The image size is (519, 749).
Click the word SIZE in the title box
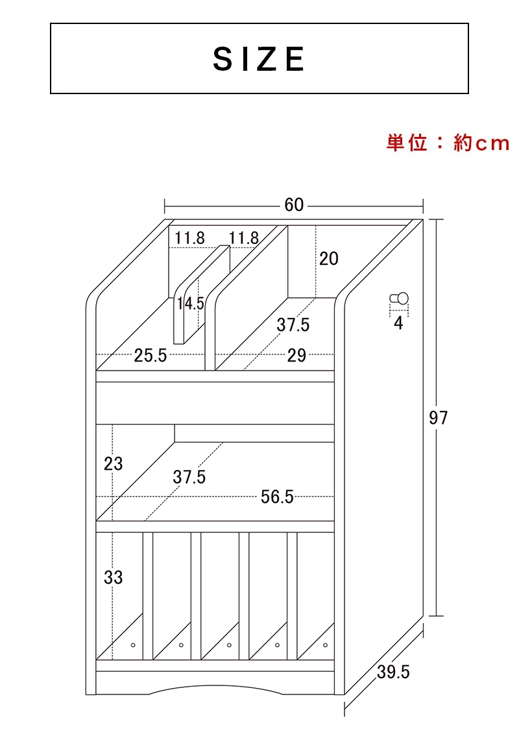259,59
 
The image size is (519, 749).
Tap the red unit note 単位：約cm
448,143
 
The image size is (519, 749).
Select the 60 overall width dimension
294,205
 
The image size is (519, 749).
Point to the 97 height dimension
438,417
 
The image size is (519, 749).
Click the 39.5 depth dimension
393,672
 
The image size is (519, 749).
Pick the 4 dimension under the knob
398,323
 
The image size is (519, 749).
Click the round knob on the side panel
399,299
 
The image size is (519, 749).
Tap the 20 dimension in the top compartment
328,258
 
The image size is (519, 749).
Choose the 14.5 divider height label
191,303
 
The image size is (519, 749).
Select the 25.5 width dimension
151,356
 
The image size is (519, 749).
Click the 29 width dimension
296,356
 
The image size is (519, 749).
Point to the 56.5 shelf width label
277,497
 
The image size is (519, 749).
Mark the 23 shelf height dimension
113,463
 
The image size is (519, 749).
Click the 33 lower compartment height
113,577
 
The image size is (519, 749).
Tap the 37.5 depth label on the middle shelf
189,476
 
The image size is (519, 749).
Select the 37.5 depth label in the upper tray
293,325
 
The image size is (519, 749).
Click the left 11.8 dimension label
189,238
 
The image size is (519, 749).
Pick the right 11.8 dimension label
243,238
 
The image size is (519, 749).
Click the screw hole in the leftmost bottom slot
133,645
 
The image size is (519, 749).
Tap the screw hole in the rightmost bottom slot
326,645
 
